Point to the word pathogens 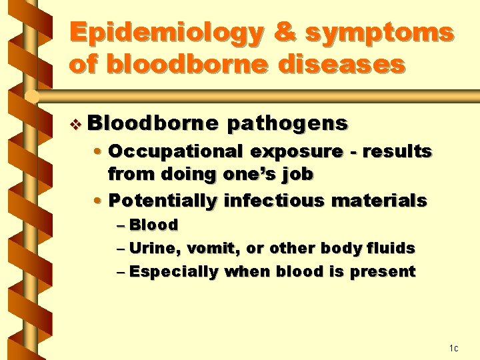[x=287, y=123]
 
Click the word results [x=399, y=152]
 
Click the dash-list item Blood [x=153, y=225]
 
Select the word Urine [x=154, y=249]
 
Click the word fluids [x=394, y=249]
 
